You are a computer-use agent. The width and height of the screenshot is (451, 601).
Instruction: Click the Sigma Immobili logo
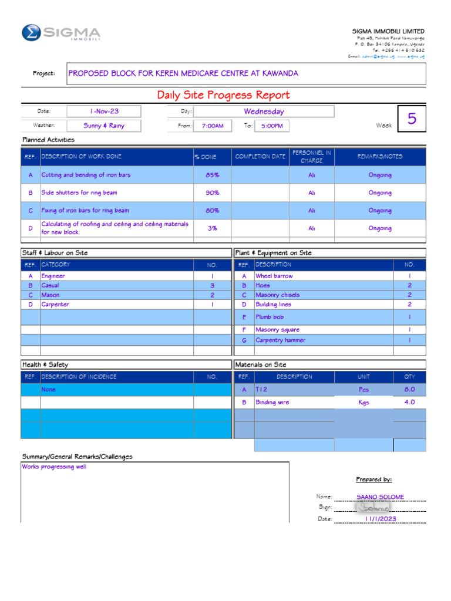tap(60, 33)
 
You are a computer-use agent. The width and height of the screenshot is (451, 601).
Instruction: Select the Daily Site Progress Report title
tap(223, 95)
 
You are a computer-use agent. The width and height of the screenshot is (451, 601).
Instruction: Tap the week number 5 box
tap(412, 119)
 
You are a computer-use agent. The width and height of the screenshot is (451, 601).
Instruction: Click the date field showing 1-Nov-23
tap(104, 111)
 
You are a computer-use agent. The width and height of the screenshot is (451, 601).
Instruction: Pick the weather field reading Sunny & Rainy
tap(104, 126)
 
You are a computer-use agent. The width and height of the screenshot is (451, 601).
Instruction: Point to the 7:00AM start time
tap(212, 126)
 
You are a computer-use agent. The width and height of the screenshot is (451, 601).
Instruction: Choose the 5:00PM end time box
tap(272, 126)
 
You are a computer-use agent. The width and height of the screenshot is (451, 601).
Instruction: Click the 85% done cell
tap(212, 175)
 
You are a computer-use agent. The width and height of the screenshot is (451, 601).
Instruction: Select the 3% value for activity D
tap(212, 228)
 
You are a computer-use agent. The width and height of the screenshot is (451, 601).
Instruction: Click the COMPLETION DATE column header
tap(260, 157)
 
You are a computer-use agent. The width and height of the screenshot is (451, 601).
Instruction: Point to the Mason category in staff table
tap(51, 295)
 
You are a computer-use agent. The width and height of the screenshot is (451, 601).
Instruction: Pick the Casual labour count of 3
tap(212, 286)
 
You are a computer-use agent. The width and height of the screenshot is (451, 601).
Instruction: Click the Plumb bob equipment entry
tap(270, 317)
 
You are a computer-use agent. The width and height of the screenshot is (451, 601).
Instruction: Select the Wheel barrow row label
tap(274, 276)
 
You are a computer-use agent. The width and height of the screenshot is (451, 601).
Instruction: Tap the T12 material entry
tap(261, 390)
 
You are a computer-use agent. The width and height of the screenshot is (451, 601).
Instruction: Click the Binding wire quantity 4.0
tap(409, 403)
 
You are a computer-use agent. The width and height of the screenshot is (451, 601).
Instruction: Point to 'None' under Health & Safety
tap(49, 390)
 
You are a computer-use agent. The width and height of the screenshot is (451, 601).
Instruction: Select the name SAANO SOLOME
tap(380, 497)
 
